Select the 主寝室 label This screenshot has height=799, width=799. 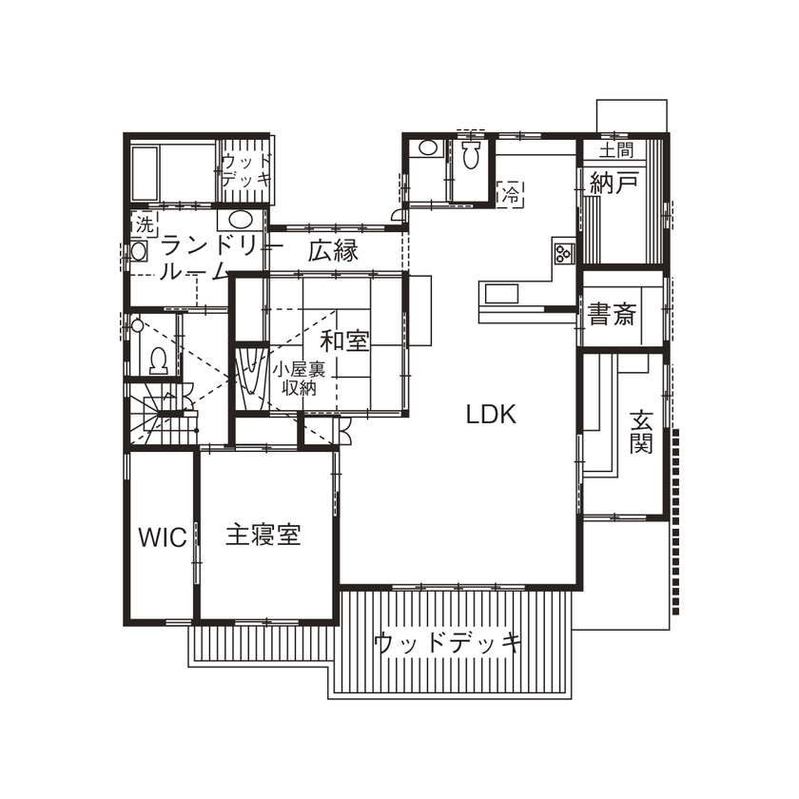[x=263, y=535]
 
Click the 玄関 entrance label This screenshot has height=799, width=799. [x=642, y=431]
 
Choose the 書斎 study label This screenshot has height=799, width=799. [x=611, y=314]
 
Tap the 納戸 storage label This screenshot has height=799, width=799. [x=613, y=184]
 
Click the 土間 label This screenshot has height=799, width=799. [x=615, y=149]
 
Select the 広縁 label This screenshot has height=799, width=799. [x=332, y=252]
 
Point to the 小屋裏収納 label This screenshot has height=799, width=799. [x=301, y=379]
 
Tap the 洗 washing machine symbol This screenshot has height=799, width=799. [x=144, y=224]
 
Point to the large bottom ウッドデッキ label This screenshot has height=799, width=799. [x=447, y=642]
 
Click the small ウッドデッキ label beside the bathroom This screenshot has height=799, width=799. [x=248, y=169]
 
